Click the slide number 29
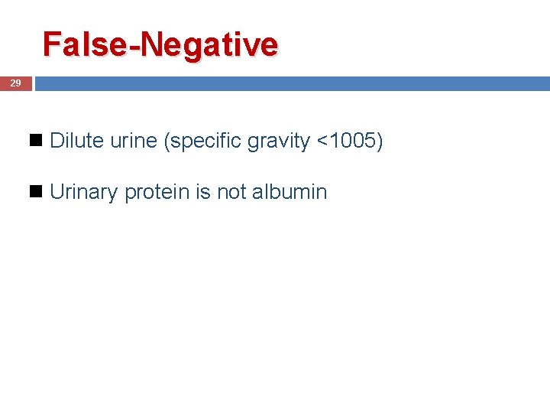(15, 83)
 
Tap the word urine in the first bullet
(134, 141)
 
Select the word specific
(205, 141)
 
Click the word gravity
(279, 141)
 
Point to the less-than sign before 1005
(322, 141)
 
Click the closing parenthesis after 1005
(380, 141)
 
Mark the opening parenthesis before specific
(167, 141)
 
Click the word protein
(157, 192)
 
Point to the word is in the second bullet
(203, 191)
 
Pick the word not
(231, 191)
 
